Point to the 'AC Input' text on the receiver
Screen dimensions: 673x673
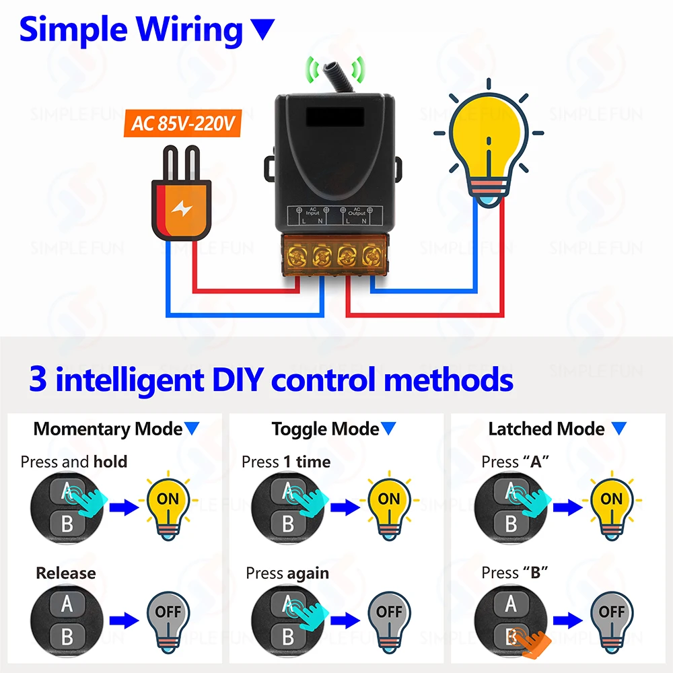coord(312,211)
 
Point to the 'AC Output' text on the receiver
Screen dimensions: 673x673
coord(357,211)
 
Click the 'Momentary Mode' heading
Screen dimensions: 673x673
coord(108,429)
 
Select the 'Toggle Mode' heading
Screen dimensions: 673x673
coord(326,429)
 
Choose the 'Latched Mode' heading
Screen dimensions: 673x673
coord(546,429)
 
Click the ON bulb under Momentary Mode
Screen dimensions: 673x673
coord(168,501)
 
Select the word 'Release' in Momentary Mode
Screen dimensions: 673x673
coord(65,573)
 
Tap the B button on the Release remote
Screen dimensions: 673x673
coord(67,636)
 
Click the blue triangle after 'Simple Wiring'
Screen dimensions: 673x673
coord(263,29)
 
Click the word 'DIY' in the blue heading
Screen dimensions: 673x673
coord(235,380)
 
